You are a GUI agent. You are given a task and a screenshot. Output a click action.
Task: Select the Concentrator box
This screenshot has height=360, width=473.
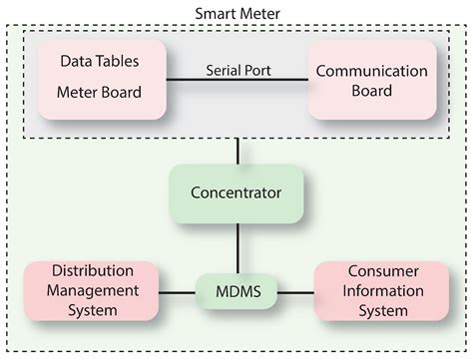coord(236,192)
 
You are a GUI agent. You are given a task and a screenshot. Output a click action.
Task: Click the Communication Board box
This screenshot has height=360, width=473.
coord(372,80)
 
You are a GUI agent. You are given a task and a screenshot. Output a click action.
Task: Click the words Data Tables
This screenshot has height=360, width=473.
coord(99,61)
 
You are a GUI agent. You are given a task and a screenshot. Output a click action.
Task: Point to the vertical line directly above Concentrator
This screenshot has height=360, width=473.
coord(236,153)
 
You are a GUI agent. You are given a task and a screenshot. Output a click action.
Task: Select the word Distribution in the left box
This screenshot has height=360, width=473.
coord(93,271)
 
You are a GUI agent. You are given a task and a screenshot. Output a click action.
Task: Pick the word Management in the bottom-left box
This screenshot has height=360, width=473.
coord(93,290)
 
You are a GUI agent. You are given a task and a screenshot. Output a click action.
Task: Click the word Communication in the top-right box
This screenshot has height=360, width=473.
coord(372,70)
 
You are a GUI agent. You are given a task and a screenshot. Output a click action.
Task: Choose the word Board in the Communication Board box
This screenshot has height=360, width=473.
coord(372,91)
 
